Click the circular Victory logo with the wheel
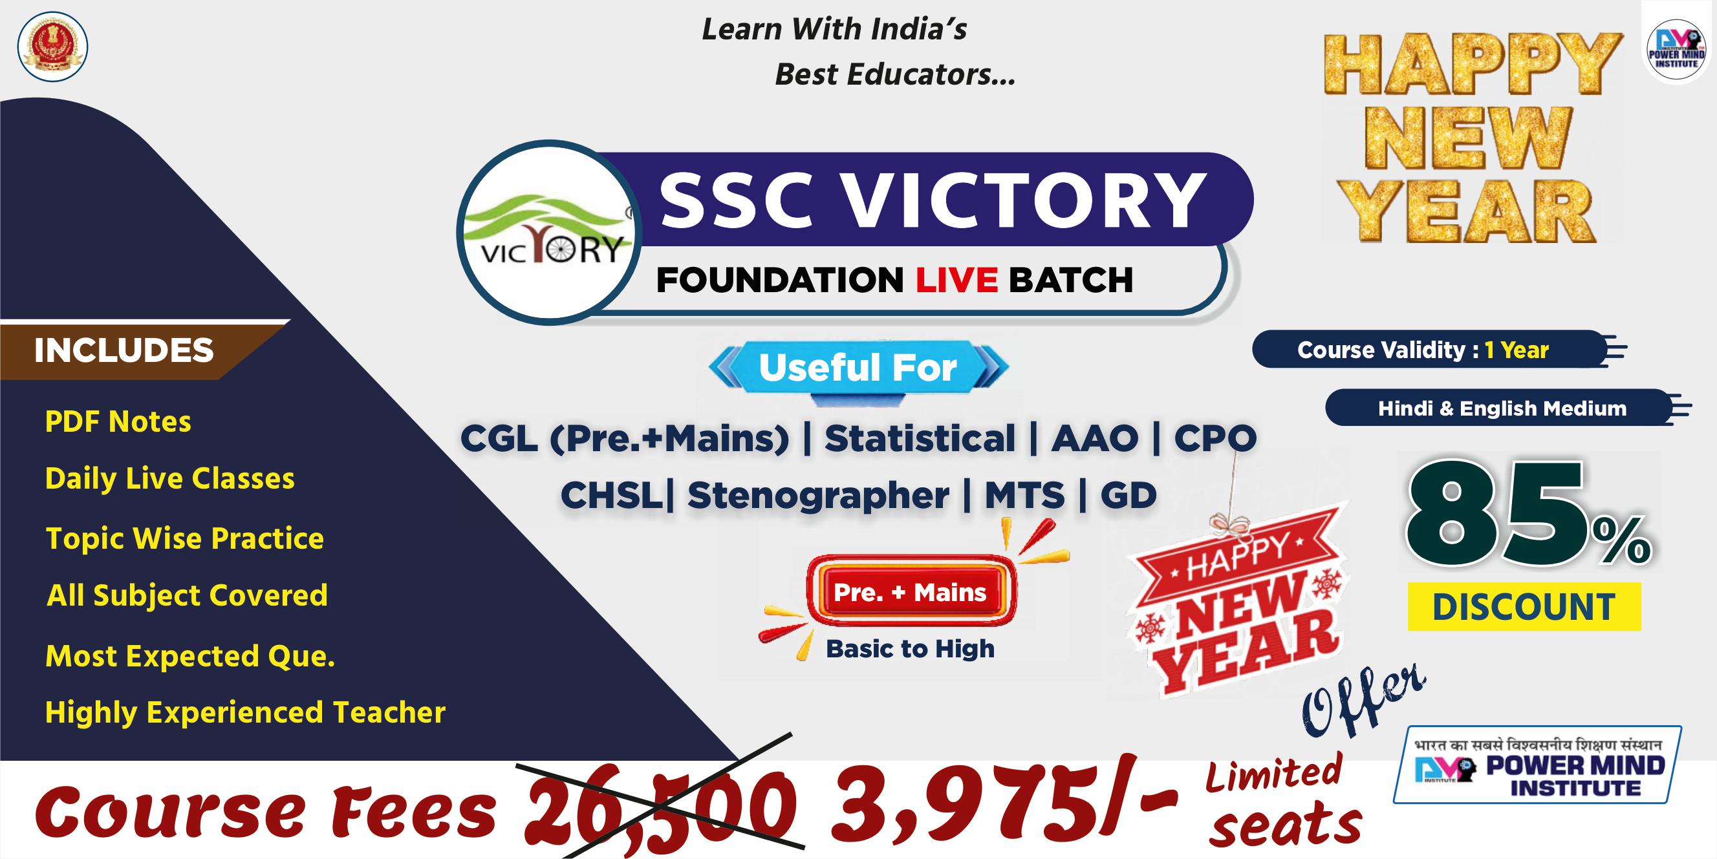tap(549, 233)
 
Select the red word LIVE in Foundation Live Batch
tap(956, 280)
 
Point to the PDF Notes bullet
tap(118, 422)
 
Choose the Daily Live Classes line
tap(169, 478)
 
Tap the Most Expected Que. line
tap(190, 657)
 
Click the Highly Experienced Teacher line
tap(244, 712)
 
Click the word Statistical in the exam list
tap(920, 438)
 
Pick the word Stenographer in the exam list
tap(818, 496)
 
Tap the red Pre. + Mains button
tap(910, 593)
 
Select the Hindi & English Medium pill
tap(1502, 408)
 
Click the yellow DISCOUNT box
tap(1524, 607)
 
